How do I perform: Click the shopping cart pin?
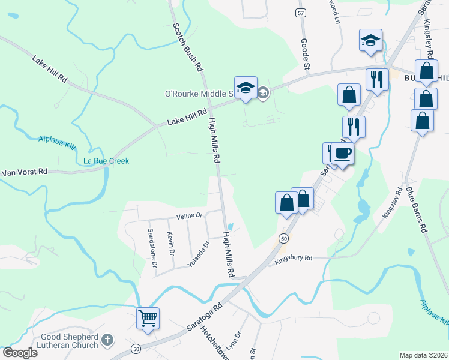point(148,318)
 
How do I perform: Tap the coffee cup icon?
point(343,154)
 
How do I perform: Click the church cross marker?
point(107,341)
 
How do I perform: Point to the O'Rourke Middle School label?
point(198,94)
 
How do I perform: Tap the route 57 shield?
point(301,12)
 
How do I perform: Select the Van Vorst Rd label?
point(24,172)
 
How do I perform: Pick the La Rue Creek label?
point(106,161)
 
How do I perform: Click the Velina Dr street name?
point(189,215)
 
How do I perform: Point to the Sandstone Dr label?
point(153,247)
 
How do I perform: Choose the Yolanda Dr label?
point(199,253)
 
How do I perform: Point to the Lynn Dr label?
point(238,342)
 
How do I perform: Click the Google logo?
point(20,353)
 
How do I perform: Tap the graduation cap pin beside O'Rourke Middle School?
point(246,88)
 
